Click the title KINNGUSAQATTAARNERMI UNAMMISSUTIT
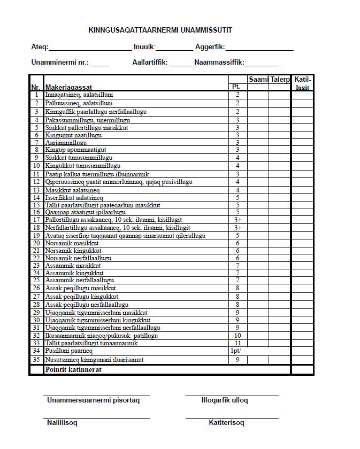coord(160,30)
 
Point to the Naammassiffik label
coord(219,62)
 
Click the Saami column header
coord(258,79)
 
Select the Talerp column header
coord(280,79)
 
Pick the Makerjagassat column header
coord(68,87)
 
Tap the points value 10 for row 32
coord(238,336)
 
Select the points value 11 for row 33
coord(238,343)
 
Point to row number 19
coord(36,236)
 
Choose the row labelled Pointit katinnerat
coord(73,369)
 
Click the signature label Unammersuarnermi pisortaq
coord(93,400)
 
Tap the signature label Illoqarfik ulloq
coord(225,400)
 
